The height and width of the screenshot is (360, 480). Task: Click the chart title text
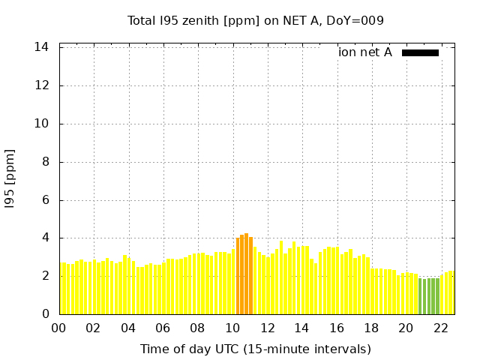(x=255, y=21)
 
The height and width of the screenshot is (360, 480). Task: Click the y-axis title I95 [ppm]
(x=10, y=179)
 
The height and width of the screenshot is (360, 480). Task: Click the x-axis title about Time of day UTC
(x=255, y=349)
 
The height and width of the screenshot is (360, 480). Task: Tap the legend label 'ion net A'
(x=365, y=52)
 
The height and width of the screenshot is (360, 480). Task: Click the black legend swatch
(x=420, y=52)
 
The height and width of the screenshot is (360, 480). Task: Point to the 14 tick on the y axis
(x=42, y=47)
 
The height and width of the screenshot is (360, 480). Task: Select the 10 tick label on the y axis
(x=42, y=124)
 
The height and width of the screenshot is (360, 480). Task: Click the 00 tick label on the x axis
(x=58, y=328)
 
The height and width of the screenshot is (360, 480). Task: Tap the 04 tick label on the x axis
(x=128, y=328)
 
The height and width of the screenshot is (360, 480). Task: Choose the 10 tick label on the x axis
(x=232, y=328)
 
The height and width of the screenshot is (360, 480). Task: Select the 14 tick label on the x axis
(x=301, y=328)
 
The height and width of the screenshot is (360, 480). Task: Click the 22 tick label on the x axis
(x=440, y=328)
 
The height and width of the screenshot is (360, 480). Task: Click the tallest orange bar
(x=246, y=274)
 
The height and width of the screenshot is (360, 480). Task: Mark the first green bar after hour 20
(x=421, y=296)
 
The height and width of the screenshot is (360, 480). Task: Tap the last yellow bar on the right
(x=451, y=292)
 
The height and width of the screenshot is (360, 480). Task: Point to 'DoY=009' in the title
(x=358, y=21)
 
